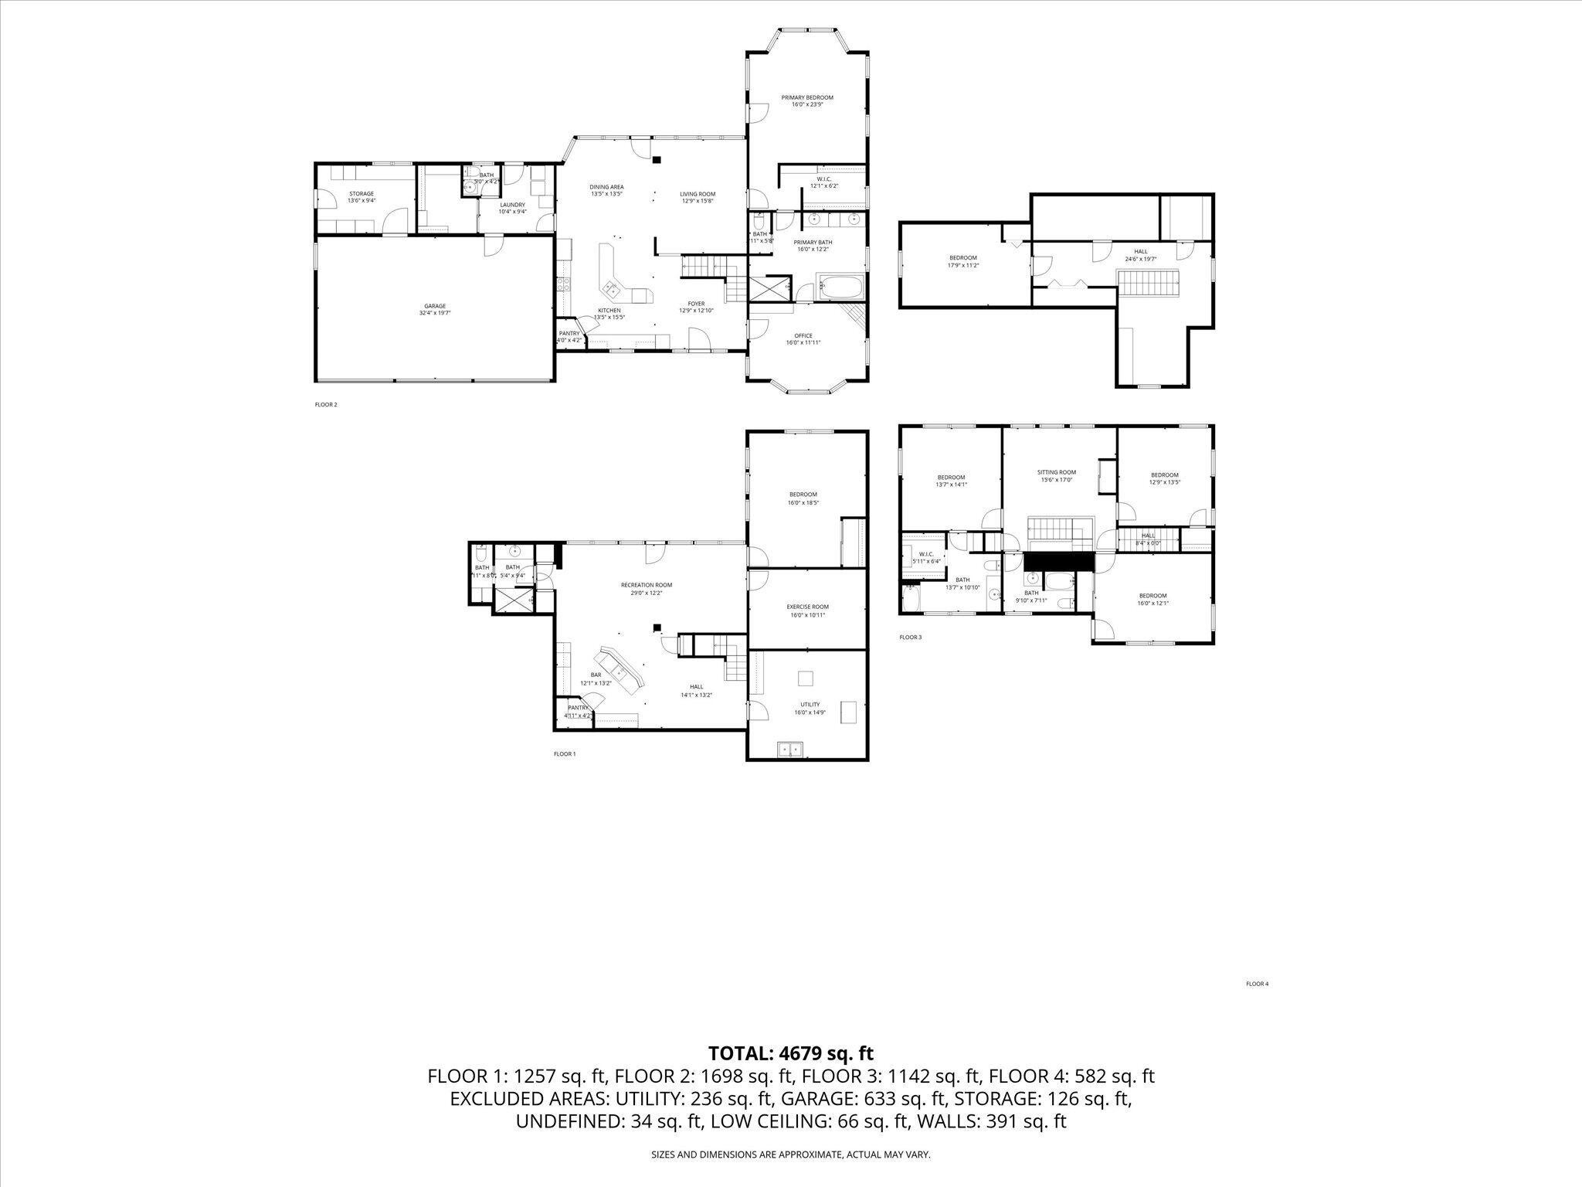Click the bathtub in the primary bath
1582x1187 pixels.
[x=839, y=288]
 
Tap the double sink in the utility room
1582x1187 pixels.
[x=789, y=748]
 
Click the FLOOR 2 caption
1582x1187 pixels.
[x=326, y=404]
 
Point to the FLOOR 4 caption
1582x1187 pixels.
[x=1257, y=984]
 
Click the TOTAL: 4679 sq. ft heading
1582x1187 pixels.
[x=790, y=1053]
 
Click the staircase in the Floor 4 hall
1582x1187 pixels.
[x=1149, y=283]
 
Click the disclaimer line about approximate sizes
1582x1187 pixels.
[x=790, y=1155]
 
